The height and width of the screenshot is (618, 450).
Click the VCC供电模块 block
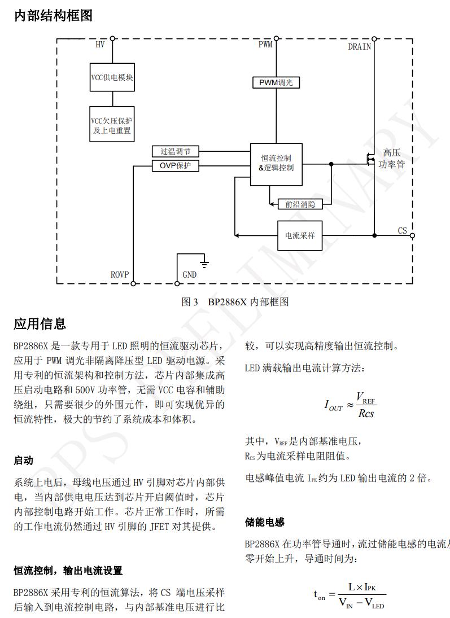(x=112, y=78)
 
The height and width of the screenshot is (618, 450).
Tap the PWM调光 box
(x=276, y=82)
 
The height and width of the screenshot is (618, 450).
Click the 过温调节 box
(x=175, y=151)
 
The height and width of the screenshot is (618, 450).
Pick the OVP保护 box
(x=175, y=166)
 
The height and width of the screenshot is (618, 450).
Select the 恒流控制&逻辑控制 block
(x=276, y=164)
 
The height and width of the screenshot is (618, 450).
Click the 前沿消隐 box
(x=300, y=204)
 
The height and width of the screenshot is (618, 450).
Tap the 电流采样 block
(x=300, y=235)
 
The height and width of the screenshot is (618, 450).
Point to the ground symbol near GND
(x=205, y=263)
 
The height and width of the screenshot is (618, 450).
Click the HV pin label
(x=100, y=45)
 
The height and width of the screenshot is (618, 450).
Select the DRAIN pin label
(x=360, y=47)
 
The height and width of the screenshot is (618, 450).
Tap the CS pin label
(x=402, y=231)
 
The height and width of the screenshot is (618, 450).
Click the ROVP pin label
(x=120, y=275)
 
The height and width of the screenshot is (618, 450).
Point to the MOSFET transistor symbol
(x=370, y=160)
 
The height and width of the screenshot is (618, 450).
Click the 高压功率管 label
(x=392, y=159)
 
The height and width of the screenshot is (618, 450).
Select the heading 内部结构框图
(x=53, y=16)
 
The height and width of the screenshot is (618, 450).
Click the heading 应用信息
(x=40, y=324)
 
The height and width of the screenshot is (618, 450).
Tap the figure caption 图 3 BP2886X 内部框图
(x=235, y=302)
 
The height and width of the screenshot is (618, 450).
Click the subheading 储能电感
(x=265, y=522)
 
